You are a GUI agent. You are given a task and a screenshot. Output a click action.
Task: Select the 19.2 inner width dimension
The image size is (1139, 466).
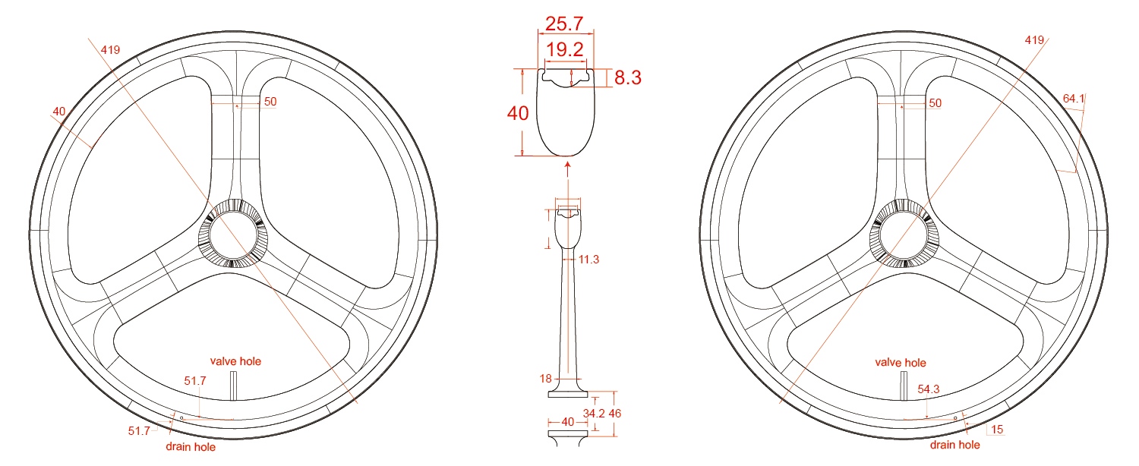pos(566,51)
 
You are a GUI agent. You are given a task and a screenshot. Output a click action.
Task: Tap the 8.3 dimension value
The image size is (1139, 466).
pos(629,77)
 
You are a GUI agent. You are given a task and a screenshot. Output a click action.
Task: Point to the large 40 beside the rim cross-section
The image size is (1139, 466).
pos(517,113)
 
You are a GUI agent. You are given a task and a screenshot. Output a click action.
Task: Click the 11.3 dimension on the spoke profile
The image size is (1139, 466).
pos(588,260)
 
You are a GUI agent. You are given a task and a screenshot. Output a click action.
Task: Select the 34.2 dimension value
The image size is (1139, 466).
pos(593,414)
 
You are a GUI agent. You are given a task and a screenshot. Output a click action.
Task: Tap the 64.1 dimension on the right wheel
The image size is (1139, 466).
pos(1074,99)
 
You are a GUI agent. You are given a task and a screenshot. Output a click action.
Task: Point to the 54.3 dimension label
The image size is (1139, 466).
pos(929,389)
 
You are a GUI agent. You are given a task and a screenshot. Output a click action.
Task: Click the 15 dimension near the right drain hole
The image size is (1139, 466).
pos(997,430)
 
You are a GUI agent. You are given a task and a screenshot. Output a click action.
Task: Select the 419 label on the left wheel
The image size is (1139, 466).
pos(110,50)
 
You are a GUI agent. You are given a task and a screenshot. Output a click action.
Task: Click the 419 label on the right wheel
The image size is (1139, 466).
pos(1034,39)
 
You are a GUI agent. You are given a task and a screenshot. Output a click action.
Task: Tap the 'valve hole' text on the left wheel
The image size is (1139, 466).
pos(235,361)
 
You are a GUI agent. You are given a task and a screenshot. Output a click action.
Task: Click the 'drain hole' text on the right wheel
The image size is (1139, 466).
pos(954,445)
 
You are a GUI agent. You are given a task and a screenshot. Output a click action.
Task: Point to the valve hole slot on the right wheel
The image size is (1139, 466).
pos(904,386)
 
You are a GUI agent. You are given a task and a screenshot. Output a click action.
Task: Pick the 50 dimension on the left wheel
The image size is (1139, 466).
pos(270,102)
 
